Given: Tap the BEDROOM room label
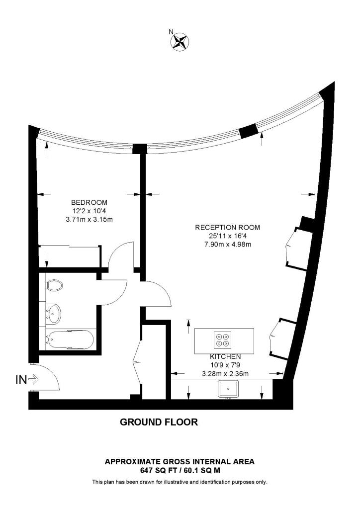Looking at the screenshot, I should click(x=90, y=202).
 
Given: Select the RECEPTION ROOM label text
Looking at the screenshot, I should click(x=227, y=227).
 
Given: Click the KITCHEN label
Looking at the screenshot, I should click(x=225, y=356).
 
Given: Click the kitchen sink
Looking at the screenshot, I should click(x=229, y=389).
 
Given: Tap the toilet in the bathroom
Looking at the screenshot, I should click(x=54, y=285).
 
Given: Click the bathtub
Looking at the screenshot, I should click(x=70, y=340).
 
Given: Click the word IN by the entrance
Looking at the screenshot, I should click(x=21, y=380).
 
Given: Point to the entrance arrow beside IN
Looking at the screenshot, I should click(x=34, y=380).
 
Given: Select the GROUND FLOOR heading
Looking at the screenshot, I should click(x=159, y=423).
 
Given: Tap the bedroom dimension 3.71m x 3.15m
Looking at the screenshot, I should click(x=90, y=219).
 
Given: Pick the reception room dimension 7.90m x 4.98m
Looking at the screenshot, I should click(x=227, y=244).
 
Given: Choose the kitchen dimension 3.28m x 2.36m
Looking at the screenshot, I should click(x=225, y=373).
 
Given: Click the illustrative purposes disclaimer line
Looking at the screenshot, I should click(x=180, y=482).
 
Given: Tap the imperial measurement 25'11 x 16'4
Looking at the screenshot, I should click(x=227, y=236).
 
